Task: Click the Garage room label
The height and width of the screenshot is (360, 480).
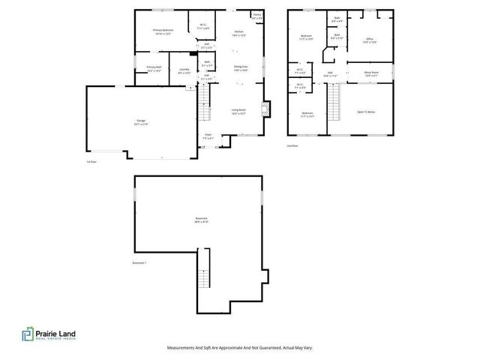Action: click(141, 121)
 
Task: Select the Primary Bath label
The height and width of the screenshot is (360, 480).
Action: click(154, 68)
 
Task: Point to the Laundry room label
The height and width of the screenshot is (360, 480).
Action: click(182, 71)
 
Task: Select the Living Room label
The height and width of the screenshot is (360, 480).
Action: click(238, 110)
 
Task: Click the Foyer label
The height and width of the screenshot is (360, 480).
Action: click(208, 137)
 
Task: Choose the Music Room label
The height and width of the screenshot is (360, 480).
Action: click(370, 73)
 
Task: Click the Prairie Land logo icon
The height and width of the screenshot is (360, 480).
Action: click(27, 336)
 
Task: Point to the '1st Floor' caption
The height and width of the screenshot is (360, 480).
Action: click(92, 160)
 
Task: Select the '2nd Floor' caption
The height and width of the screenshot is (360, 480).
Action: click(292, 146)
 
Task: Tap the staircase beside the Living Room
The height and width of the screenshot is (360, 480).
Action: click(201, 112)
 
